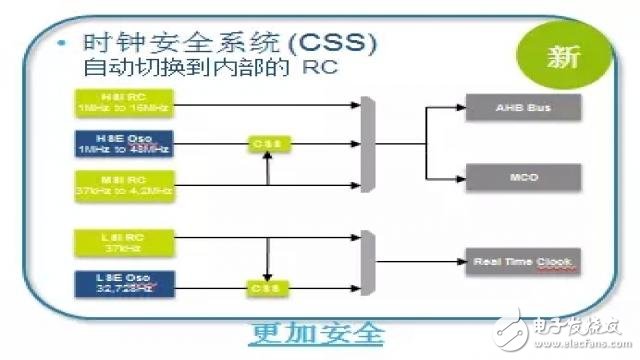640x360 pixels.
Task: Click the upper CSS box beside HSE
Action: [x=267, y=144]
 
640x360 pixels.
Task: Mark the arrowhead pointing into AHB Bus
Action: [x=464, y=107]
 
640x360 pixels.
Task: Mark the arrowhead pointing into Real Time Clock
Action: [x=464, y=262]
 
